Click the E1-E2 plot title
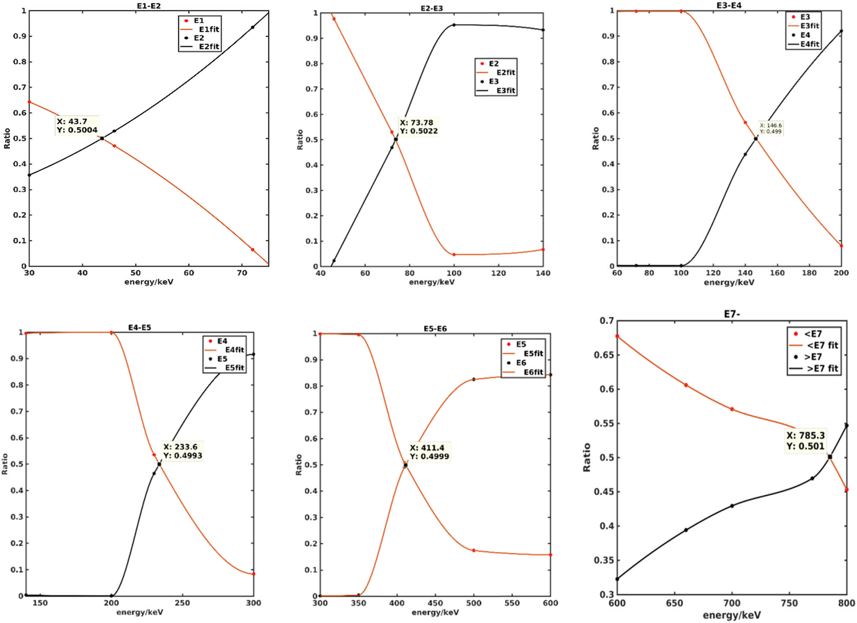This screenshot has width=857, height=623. click(x=149, y=6)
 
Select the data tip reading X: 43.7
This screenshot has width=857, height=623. click(x=77, y=125)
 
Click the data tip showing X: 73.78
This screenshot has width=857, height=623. click(x=419, y=127)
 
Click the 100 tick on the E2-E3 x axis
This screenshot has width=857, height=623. click(x=454, y=273)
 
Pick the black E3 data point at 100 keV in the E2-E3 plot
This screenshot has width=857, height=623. click(x=454, y=25)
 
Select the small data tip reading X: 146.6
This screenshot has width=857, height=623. click(x=770, y=128)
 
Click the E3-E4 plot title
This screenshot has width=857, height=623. click(x=728, y=6)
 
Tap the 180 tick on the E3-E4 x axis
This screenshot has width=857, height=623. click(x=809, y=273)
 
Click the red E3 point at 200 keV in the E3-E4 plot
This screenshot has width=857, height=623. click(x=841, y=246)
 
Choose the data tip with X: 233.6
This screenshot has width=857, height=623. click(x=183, y=451)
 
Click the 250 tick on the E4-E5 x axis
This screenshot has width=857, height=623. click(x=183, y=603)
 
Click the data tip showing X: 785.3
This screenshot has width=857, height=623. click(x=805, y=441)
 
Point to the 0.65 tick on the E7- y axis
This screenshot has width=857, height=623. click(x=605, y=355)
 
